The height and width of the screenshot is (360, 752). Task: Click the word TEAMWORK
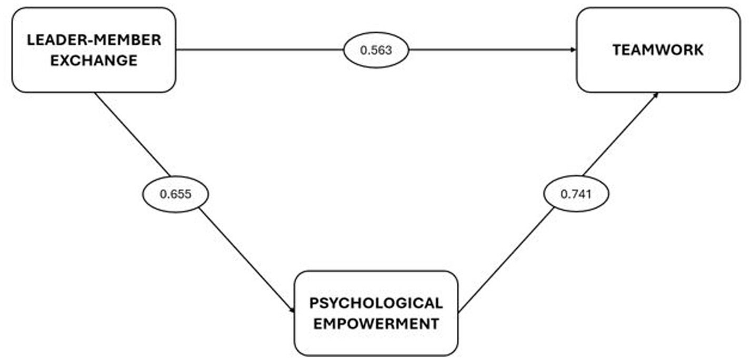658,50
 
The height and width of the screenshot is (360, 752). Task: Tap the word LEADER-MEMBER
94,40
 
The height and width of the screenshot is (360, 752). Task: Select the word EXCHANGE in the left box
94,60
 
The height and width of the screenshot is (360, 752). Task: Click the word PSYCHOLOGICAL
376,303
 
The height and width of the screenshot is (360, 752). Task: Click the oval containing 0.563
376,51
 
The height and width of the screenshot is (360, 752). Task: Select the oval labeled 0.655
175,194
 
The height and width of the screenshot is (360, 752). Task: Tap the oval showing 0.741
576,194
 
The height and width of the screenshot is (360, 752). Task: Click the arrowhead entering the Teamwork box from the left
573,50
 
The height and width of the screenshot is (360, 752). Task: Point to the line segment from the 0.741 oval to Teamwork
621,134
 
